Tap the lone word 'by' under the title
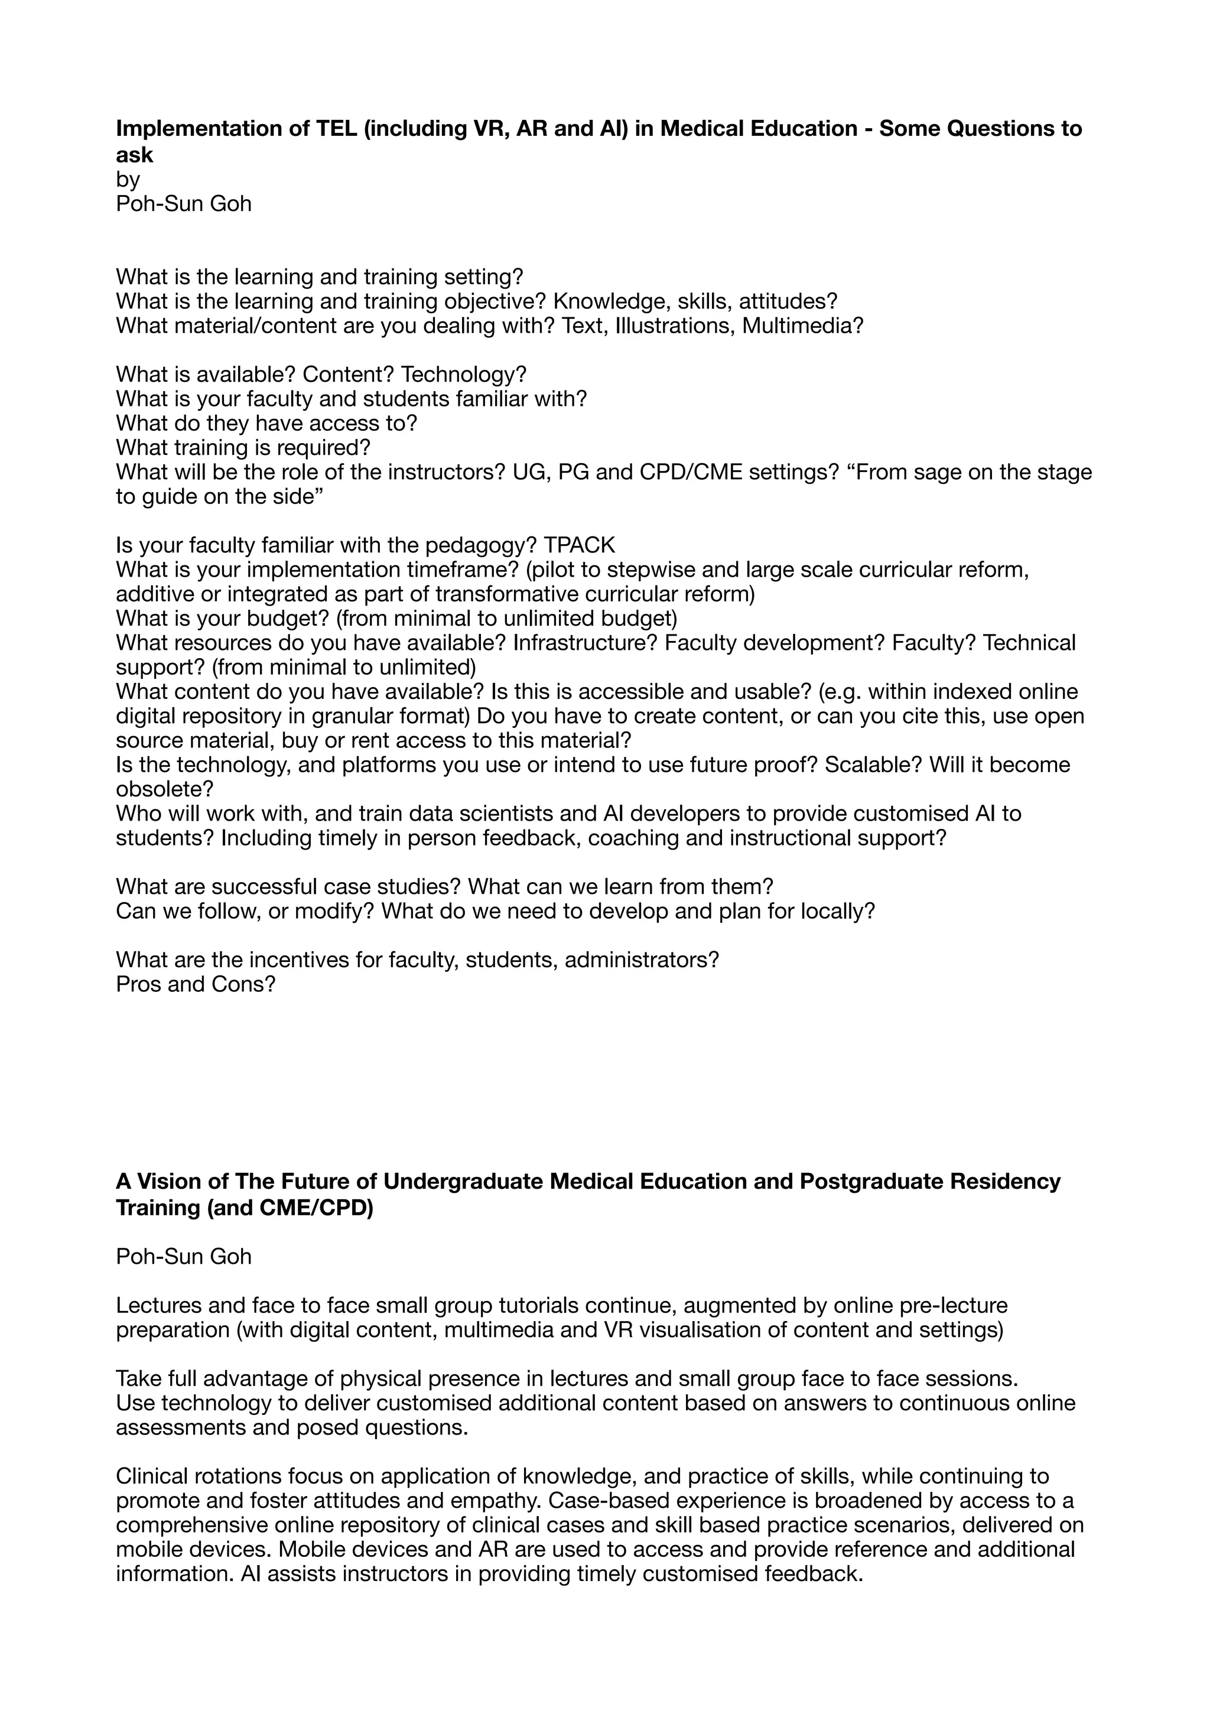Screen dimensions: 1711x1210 (128, 180)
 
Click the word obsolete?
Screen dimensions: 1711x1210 (164, 789)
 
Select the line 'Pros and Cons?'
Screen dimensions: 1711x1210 (195, 984)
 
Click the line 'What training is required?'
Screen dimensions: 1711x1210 (243, 448)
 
